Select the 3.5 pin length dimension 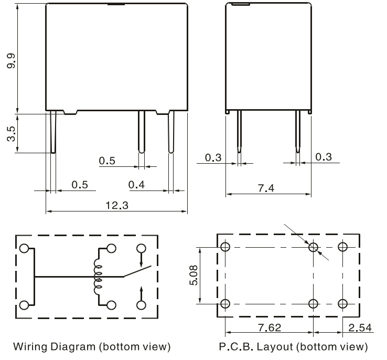point(11,133)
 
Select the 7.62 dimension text point(269,328)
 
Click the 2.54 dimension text point(360,328)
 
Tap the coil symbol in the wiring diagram point(98,276)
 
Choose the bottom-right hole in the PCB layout point(343,303)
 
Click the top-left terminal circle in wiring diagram point(24,248)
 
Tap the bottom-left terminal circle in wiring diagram point(24,304)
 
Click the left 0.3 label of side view point(213,157)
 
